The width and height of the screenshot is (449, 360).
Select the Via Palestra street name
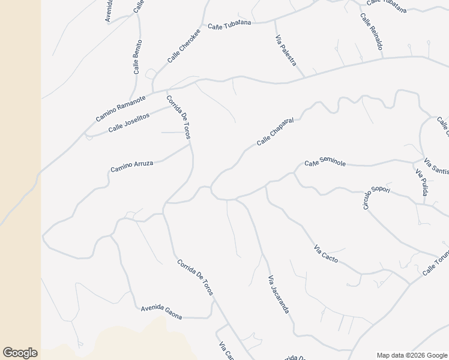[x=286, y=51]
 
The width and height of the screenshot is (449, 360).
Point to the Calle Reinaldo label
[x=372, y=31]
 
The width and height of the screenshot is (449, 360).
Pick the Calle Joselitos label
[x=128, y=122]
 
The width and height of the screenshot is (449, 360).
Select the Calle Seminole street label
[x=325, y=163]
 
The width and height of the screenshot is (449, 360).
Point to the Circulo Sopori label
[x=376, y=197]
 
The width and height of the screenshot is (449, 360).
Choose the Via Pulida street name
[x=421, y=182]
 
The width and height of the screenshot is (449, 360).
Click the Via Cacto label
[x=326, y=254]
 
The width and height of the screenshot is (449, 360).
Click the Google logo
[x=20, y=353]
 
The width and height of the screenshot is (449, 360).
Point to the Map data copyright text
[x=411, y=355]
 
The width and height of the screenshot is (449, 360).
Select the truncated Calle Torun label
[x=435, y=263]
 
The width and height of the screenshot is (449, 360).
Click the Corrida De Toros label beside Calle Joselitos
[x=178, y=117]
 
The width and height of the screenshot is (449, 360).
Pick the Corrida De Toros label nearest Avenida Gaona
[x=195, y=276]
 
